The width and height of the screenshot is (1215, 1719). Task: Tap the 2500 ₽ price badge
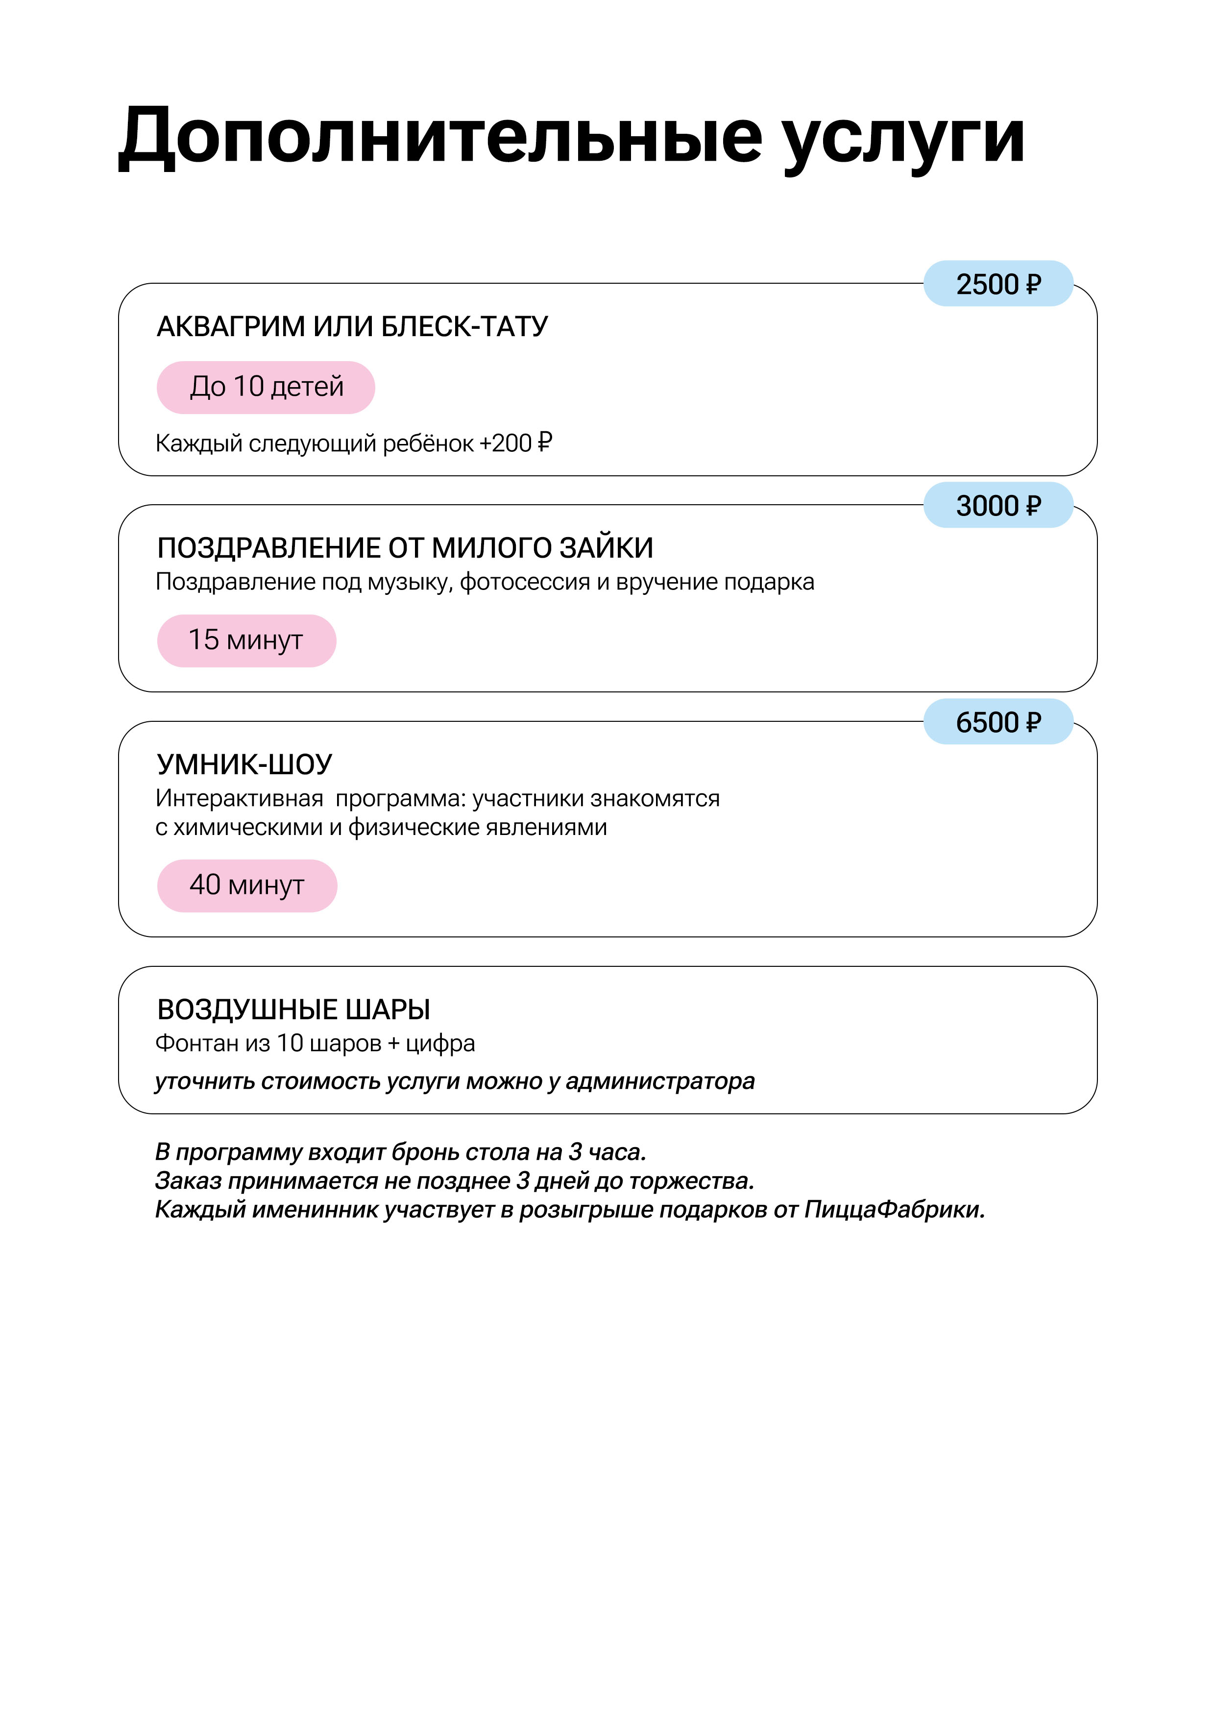coord(998,284)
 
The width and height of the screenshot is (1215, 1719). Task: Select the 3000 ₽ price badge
coord(998,505)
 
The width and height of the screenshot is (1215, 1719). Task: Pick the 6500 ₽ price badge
coord(998,722)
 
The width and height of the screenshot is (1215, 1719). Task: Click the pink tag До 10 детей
coord(266,387)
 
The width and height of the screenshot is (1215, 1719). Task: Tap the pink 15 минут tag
coord(246,640)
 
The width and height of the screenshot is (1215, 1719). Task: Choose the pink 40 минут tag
coord(246,885)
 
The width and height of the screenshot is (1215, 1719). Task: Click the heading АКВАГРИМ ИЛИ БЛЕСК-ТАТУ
coord(352,326)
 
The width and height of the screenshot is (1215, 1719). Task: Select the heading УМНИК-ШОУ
coord(244,764)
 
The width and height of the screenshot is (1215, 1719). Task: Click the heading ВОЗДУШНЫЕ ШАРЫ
coord(293,1009)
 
